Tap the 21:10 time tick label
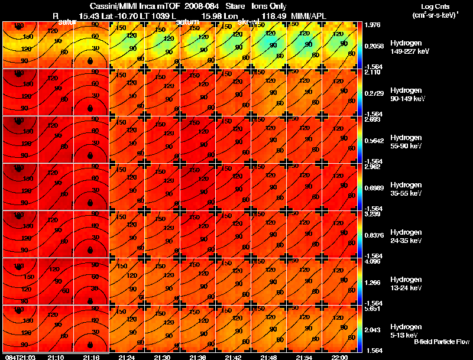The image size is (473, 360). (56, 357)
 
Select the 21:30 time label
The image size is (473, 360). (162, 357)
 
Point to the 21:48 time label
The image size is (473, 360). (268, 357)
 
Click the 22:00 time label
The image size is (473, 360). (339, 357)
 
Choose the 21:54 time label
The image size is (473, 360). (304, 357)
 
